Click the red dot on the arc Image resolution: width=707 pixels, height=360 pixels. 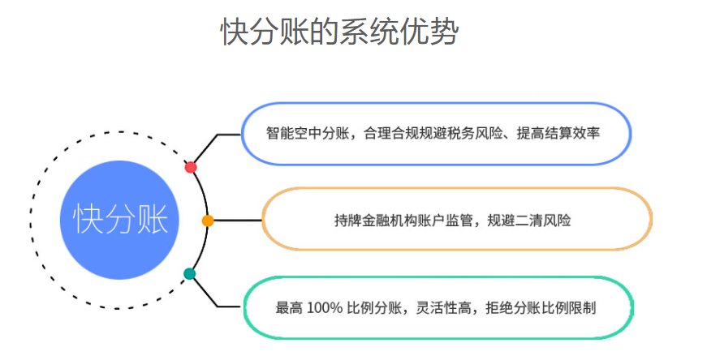tap(191, 167)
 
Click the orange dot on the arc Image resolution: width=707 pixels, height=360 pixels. tap(208, 221)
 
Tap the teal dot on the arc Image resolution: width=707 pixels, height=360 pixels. tap(190, 274)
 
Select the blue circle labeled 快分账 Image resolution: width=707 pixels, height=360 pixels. tap(121, 220)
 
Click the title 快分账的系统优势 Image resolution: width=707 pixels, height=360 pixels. tap(339, 32)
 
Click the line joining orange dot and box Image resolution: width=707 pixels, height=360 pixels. tap(236, 221)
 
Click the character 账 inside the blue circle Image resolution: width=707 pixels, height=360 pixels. tap(152, 220)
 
